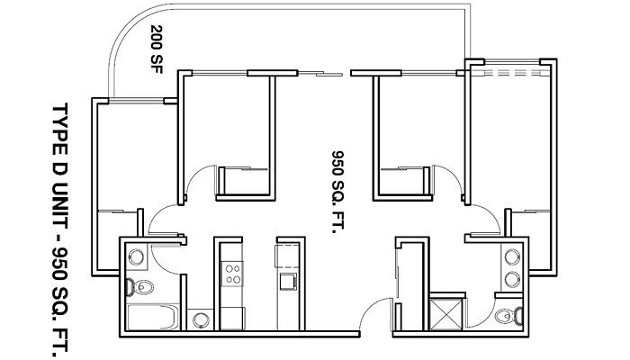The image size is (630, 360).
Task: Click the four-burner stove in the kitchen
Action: pos(232,271)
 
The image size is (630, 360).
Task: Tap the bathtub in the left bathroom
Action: pos(154,319)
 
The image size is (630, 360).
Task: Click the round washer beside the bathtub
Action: pos(202,319)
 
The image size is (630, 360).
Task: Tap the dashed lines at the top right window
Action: pos(508,71)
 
